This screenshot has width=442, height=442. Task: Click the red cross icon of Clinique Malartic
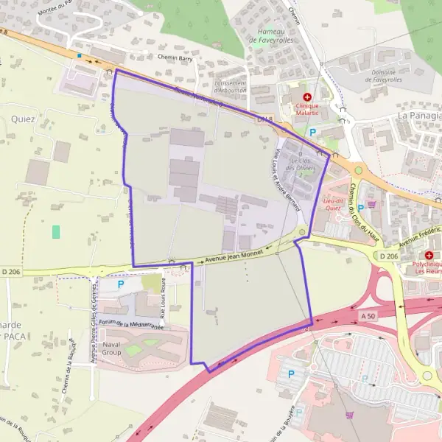click(x=307, y=97)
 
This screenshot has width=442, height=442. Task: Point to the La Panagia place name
click(x=419, y=116)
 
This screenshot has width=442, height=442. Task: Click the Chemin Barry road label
click(x=175, y=57)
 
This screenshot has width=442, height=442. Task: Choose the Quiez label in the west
click(x=23, y=119)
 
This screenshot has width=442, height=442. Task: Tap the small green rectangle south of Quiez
click(x=56, y=231)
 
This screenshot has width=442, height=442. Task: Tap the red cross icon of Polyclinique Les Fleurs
click(x=429, y=255)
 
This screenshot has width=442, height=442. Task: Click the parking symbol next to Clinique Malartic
click(x=312, y=133)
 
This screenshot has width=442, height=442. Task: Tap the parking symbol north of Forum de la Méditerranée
click(x=121, y=283)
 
